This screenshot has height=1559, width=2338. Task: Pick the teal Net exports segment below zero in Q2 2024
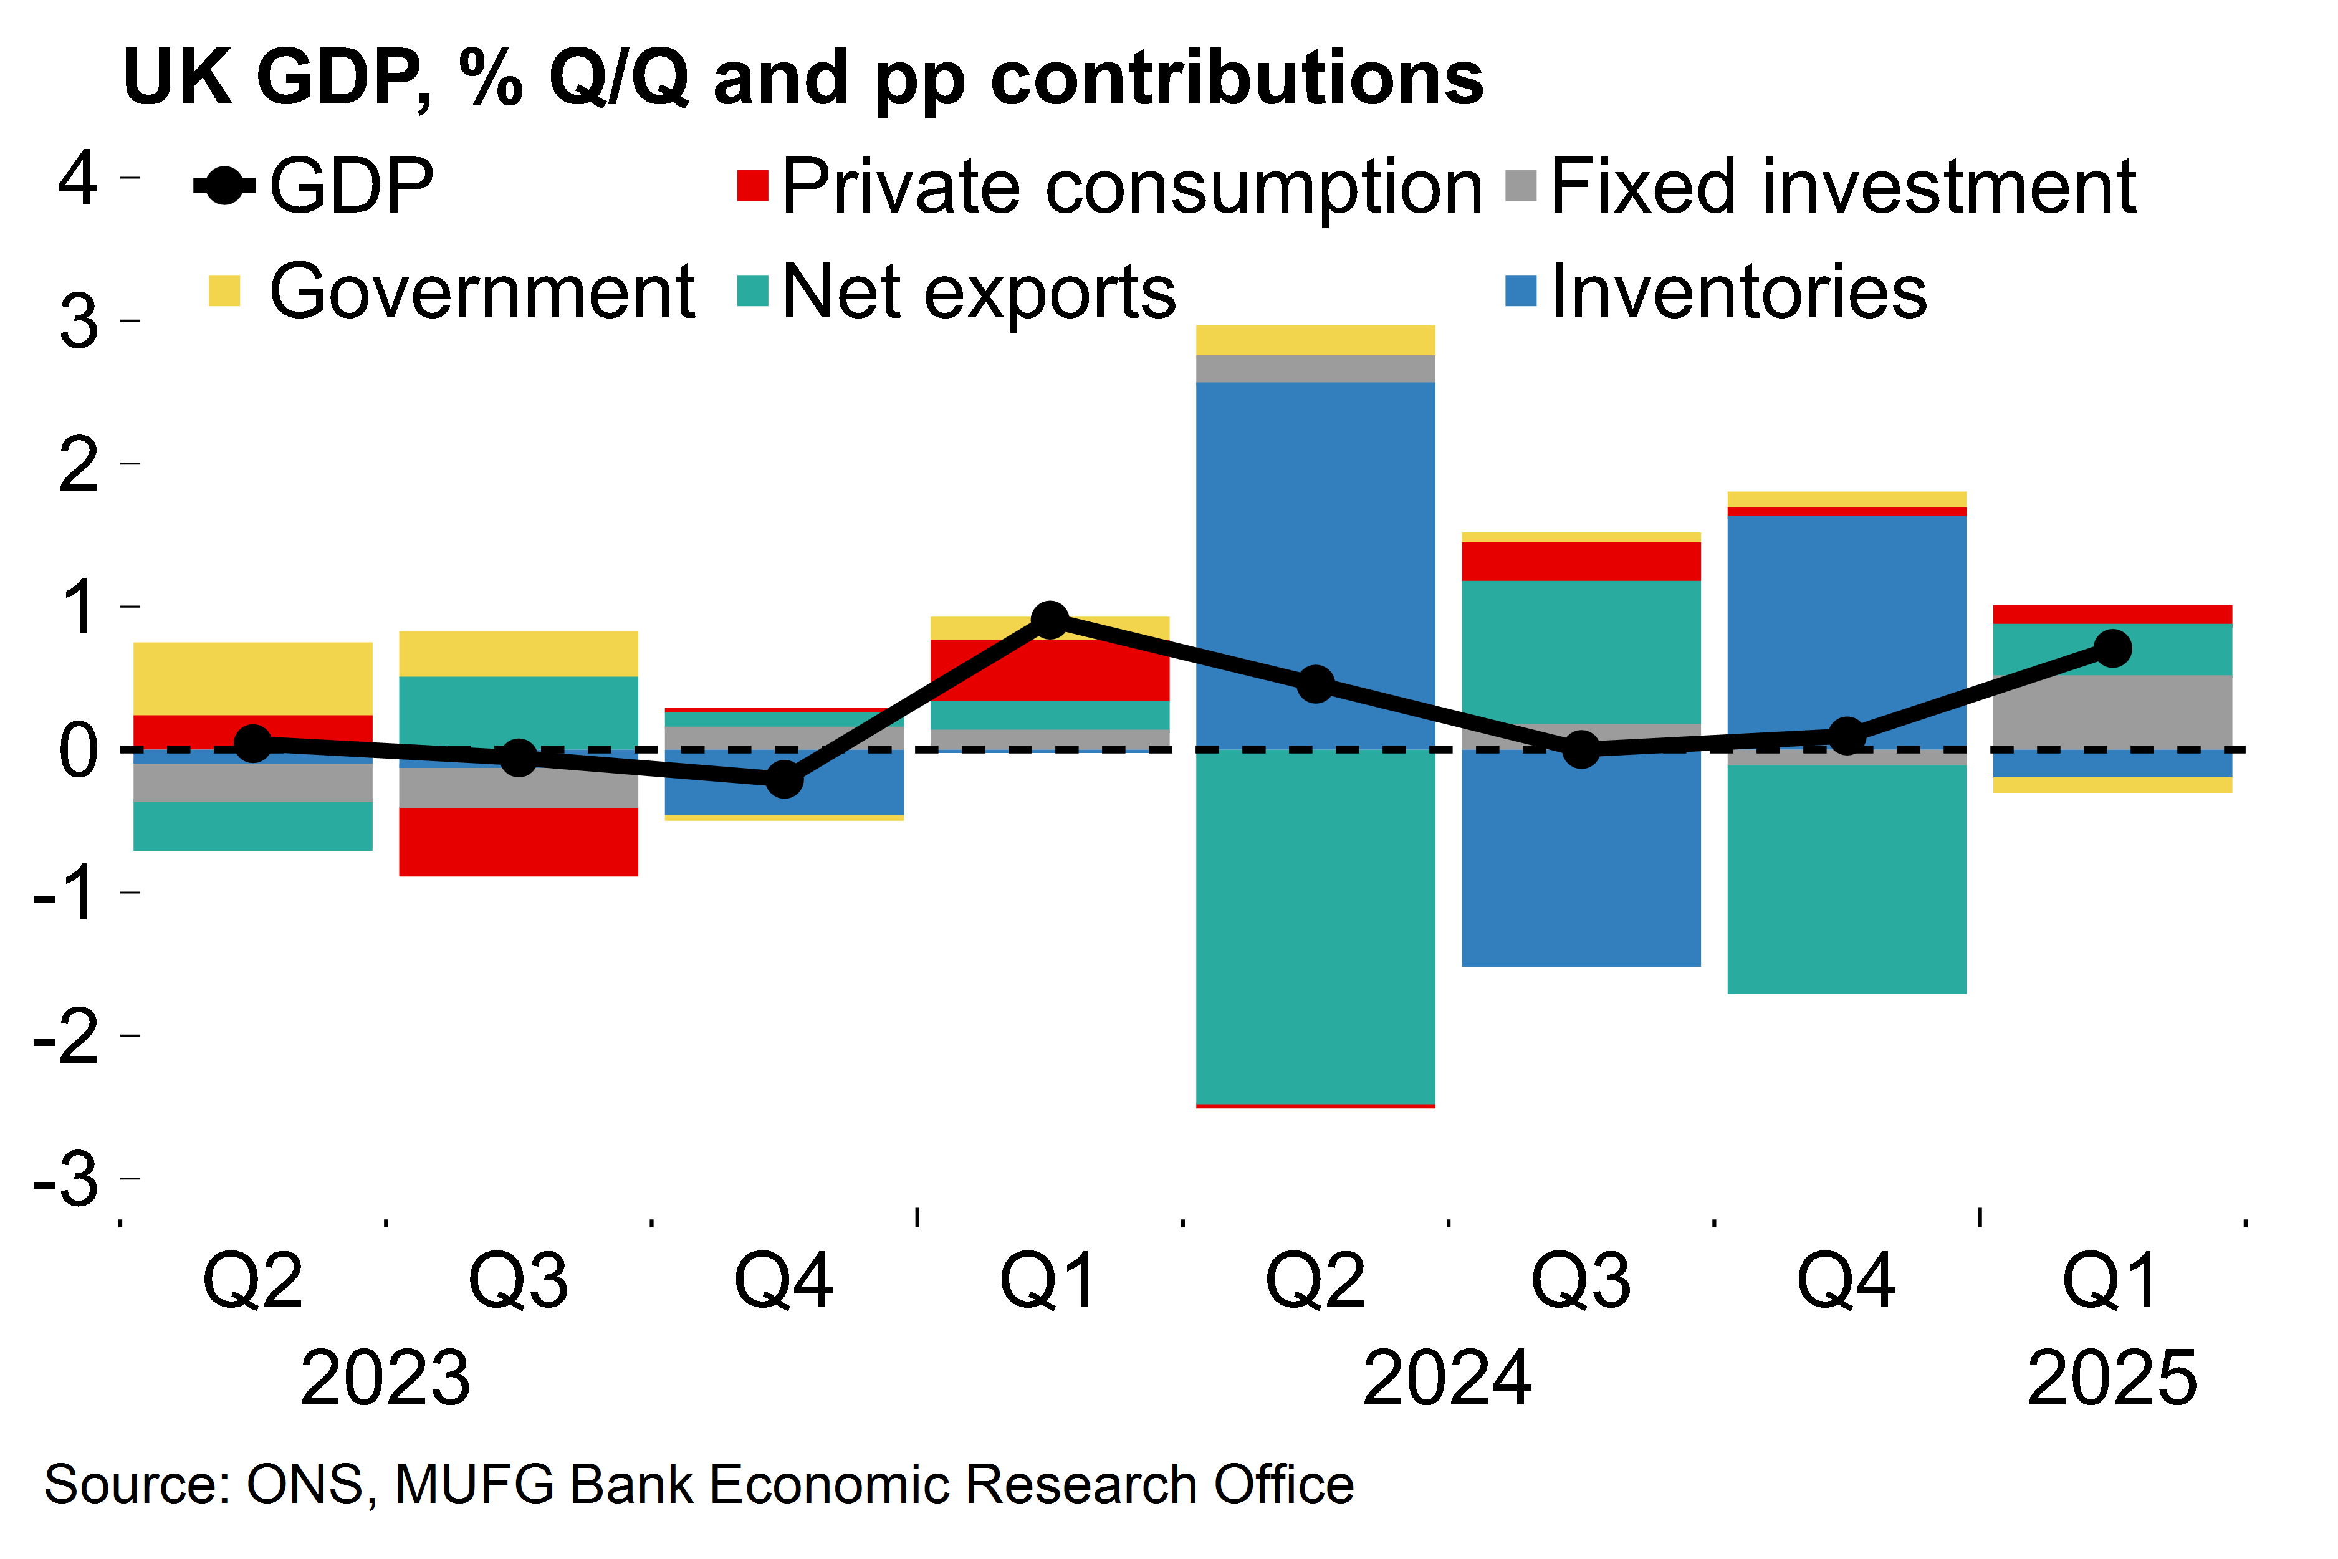click(1315, 924)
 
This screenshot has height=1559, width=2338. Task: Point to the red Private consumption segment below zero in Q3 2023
click(518, 841)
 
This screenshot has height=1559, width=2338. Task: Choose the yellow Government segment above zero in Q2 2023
click(252, 678)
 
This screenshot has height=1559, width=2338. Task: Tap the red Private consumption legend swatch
click(752, 186)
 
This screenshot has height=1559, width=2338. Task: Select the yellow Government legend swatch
click(224, 291)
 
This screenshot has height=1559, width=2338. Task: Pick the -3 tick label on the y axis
click(65, 1180)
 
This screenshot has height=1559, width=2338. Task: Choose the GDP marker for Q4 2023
click(784, 779)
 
